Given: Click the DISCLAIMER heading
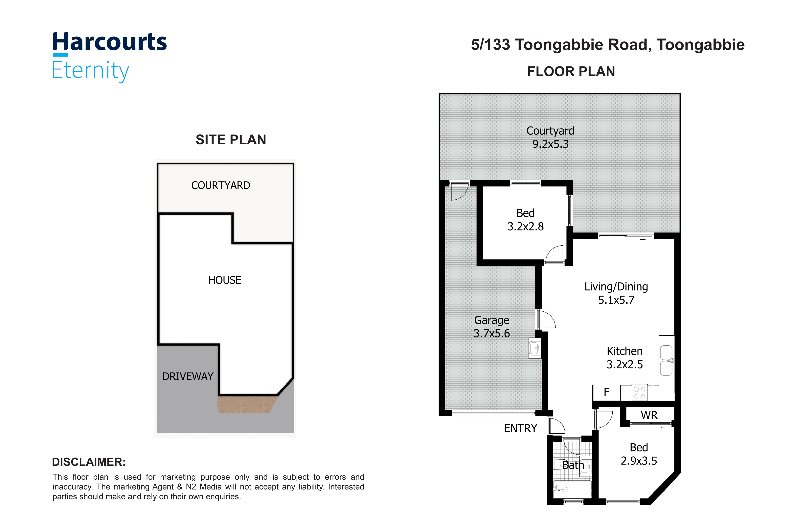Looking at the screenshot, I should pos(89,462).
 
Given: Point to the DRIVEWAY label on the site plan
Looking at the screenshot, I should pos(188,376).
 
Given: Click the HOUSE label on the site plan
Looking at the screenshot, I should pos(225,280).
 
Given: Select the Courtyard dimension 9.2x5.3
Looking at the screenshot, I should pos(550,144).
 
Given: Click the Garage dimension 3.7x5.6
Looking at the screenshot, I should pos(492,333).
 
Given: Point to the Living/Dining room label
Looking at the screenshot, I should pos(616,287).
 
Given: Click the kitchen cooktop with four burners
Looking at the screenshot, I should pos(639,392).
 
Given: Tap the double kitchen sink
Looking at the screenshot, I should pos(666,360).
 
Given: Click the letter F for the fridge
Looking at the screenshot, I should pos(607,392).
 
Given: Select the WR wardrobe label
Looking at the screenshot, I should pos(649,415).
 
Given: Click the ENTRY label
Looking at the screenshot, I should pos(520,428).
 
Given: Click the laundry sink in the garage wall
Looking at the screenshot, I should pos(535,348).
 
